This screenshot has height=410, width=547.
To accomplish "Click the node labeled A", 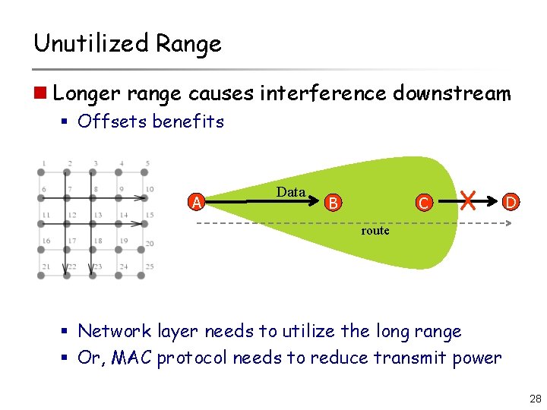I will [198, 203].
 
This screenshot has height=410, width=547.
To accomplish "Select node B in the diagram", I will [333, 203].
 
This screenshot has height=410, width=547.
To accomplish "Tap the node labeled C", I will [425, 203].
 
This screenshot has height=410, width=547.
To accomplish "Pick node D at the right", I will [511, 202].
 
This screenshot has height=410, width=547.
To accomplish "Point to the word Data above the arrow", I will [291, 192].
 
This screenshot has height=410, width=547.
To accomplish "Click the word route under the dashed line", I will [375, 230].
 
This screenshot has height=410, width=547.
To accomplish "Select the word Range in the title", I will [188, 45].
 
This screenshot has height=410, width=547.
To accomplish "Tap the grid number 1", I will [44, 163].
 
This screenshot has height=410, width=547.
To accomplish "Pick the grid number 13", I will [96, 215].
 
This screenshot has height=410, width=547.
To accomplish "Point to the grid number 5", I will [147, 163].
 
